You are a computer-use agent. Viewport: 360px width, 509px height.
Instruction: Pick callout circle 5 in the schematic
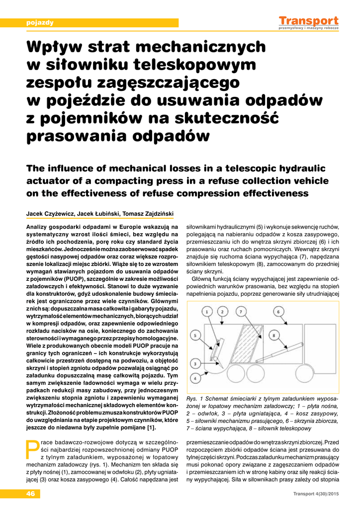[195, 336]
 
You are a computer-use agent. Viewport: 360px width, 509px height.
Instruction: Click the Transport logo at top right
[308, 22]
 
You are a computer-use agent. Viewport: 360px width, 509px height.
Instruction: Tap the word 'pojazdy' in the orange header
[40, 22]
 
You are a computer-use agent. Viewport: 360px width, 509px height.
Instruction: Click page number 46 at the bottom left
[31, 494]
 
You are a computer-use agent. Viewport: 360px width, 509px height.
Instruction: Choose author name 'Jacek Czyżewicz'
[48, 214]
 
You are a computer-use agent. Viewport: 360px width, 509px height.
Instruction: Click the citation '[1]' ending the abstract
[152, 427]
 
